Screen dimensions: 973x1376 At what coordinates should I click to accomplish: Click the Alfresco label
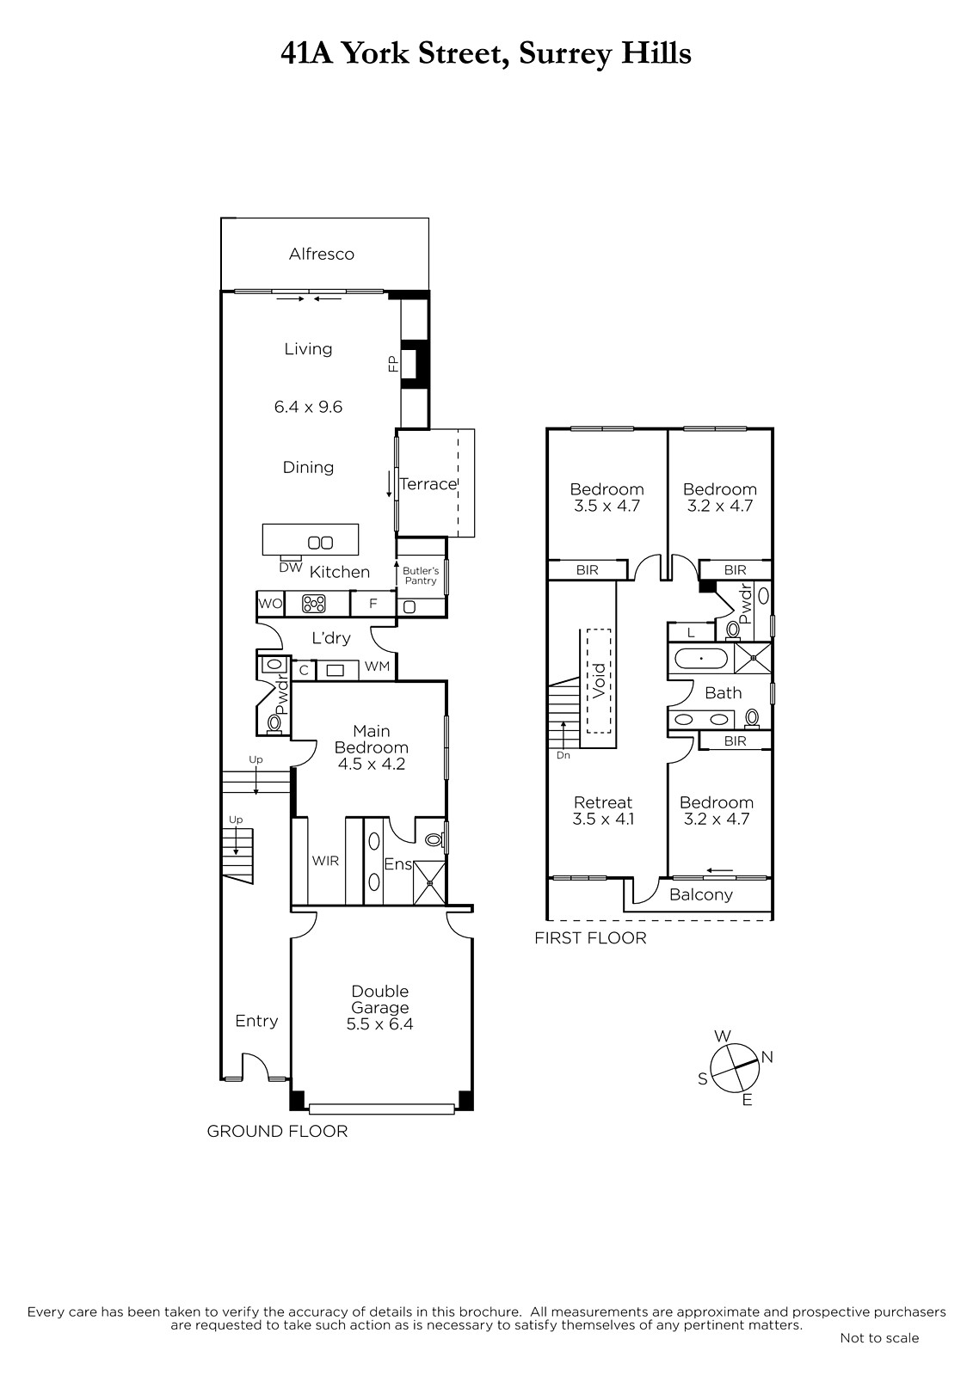(x=322, y=254)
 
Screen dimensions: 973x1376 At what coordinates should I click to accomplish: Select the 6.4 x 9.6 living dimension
(x=308, y=407)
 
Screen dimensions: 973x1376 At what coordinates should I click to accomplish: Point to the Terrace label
(x=428, y=484)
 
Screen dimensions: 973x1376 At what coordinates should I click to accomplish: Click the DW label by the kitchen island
(x=291, y=568)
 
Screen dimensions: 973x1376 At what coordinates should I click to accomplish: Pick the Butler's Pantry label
(x=421, y=575)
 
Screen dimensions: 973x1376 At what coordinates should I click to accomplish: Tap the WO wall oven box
(x=270, y=603)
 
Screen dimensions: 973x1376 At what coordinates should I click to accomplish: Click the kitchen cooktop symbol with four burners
(x=313, y=604)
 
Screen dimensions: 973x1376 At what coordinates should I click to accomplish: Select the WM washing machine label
(x=377, y=666)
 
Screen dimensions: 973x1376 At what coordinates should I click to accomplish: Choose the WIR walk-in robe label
(x=325, y=861)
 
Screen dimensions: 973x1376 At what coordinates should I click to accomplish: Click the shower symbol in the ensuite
(x=429, y=882)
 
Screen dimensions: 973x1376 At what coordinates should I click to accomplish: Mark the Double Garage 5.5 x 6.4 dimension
(x=380, y=1024)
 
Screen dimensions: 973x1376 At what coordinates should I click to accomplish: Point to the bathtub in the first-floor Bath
(x=700, y=659)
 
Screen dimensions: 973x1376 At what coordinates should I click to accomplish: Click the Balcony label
(x=700, y=894)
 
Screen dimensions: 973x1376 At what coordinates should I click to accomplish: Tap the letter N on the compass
(x=767, y=1057)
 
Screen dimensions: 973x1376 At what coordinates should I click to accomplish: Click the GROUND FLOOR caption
(x=277, y=1131)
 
